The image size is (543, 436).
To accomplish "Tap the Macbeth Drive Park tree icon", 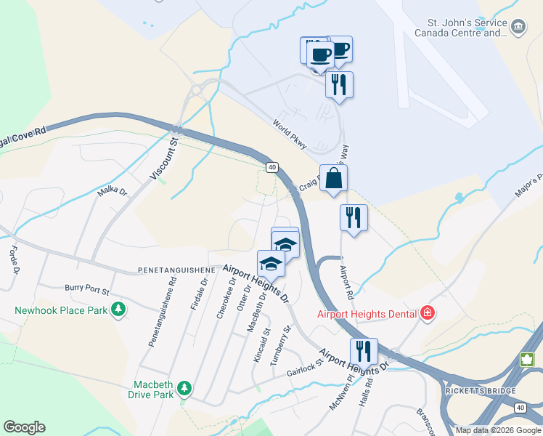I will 184,389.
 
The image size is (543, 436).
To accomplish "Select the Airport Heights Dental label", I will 367,314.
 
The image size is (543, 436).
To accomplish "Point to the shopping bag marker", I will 333,178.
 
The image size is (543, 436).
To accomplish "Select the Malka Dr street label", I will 113,193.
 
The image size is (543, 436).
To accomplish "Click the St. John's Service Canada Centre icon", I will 518,28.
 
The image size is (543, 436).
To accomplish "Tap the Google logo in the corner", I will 24,427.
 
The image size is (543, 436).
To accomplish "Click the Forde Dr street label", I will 13,260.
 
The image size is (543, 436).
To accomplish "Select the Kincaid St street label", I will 261,344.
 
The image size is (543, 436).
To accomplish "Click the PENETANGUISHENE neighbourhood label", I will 176,270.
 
